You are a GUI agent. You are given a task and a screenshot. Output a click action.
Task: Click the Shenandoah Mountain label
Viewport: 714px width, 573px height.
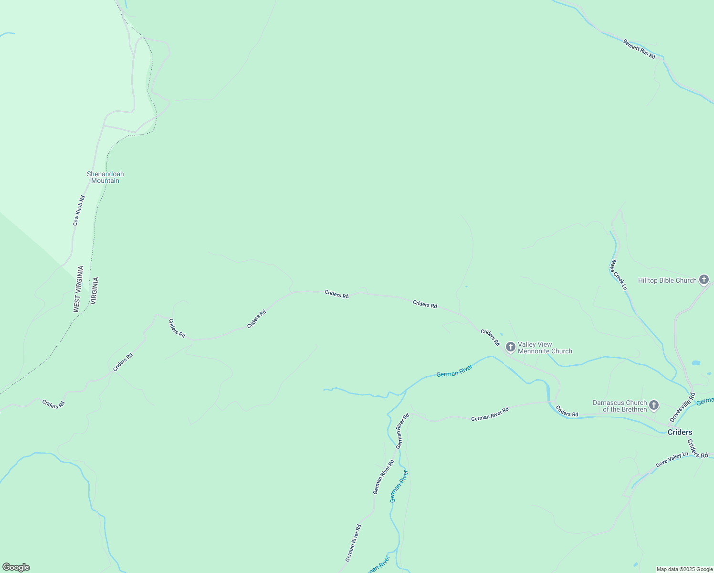(105, 177)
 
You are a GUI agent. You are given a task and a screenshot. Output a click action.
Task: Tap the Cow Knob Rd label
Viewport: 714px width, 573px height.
(79, 211)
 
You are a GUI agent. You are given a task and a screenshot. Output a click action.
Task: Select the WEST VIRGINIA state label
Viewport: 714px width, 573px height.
(78, 289)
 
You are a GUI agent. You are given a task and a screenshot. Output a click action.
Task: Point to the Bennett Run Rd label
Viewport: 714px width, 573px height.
(639, 49)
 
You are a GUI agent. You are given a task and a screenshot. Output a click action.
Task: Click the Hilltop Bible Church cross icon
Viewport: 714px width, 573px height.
(703, 280)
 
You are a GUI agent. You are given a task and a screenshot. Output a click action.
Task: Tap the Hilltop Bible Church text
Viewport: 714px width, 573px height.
(667, 281)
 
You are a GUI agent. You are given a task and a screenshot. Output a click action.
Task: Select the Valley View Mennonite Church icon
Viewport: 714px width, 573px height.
(510, 347)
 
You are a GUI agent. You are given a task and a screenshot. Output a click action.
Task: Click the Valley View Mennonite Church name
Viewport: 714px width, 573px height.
(545, 348)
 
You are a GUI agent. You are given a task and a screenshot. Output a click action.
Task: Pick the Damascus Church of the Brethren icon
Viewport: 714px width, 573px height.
(654, 406)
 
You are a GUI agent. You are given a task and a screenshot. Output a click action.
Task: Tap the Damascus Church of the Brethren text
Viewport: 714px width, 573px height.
(619, 406)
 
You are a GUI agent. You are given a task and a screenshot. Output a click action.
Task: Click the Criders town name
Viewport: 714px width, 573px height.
(680, 433)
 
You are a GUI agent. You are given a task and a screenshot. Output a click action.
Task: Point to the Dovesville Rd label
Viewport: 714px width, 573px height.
(682, 407)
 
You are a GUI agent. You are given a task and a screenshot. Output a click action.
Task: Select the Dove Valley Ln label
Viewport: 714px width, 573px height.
(672, 460)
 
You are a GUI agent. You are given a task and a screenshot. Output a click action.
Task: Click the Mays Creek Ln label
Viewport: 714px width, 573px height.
(618, 275)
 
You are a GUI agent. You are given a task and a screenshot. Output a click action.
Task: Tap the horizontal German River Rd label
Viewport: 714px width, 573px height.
(490, 414)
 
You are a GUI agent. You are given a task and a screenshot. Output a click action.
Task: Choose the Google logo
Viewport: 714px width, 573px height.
(16, 567)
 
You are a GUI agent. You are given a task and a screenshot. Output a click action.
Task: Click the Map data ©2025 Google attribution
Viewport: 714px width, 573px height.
(684, 569)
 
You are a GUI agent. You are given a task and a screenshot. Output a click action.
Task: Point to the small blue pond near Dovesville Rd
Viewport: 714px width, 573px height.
(696, 363)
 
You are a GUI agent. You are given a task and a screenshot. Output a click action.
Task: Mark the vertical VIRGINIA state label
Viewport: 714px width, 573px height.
(94, 291)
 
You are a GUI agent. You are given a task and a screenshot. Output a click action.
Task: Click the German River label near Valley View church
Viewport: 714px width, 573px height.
(454, 371)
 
